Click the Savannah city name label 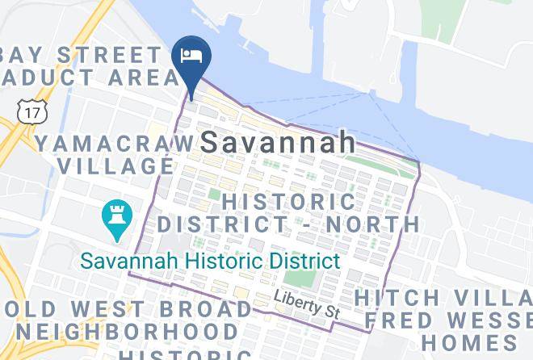tap(278, 142)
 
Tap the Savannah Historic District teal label tap(209, 261)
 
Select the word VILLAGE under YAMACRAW tap(116, 165)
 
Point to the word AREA tap(146, 77)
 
